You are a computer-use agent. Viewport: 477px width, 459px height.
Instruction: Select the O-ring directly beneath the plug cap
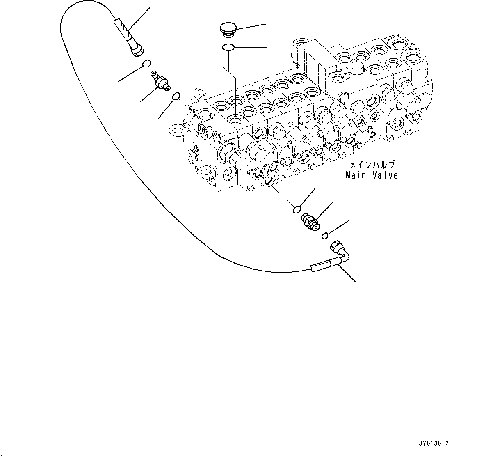click(228, 48)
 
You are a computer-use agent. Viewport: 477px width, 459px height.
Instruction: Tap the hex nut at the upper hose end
click(137, 51)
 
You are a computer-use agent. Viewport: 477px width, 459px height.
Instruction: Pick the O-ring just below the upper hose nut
click(146, 63)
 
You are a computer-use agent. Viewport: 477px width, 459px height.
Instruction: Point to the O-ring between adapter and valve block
click(176, 96)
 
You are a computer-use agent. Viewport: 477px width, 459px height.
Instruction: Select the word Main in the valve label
click(357, 175)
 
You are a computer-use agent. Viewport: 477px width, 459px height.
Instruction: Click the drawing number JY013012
click(434, 444)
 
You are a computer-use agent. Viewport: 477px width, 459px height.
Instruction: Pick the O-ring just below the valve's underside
click(297, 210)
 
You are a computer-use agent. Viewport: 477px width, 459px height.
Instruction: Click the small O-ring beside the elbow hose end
click(325, 236)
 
